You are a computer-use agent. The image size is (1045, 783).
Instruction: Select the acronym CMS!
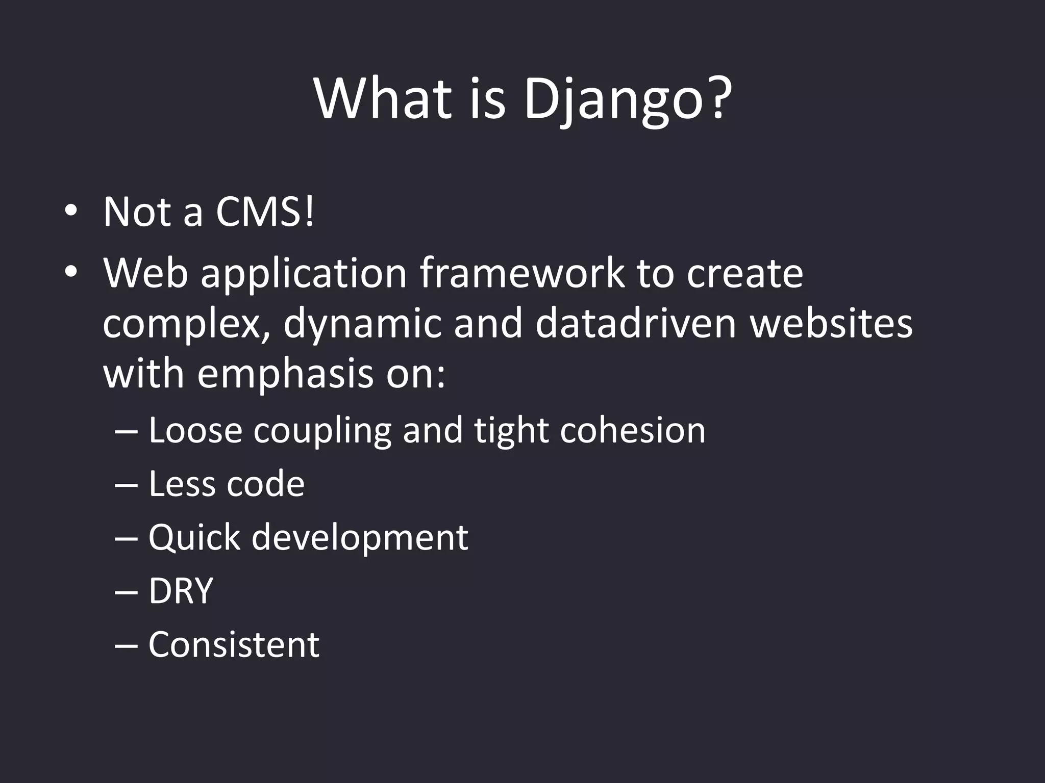[x=265, y=212]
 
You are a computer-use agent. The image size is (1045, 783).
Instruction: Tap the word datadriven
[x=636, y=324]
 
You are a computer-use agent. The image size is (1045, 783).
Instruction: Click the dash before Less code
[x=127, y=484]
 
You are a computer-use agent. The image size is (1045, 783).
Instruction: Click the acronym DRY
[x=181, y=591]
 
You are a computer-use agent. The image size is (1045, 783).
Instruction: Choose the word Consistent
[x=234, y=644]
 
